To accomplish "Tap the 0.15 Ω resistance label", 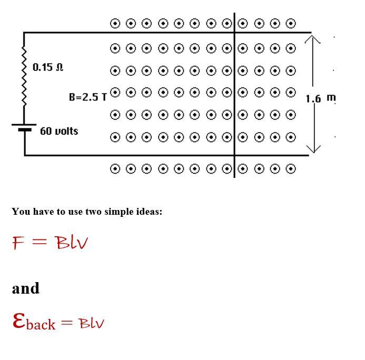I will click(48, 67).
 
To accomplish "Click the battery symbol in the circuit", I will click(24, 127).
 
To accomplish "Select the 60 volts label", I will click(59, 131).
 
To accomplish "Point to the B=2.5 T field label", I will click(87, 97).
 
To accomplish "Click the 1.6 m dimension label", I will click(320, 98).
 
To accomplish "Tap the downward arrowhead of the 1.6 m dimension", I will click(313, 148).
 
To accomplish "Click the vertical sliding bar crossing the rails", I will click(234, 95).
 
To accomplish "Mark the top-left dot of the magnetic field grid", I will click(115, 23).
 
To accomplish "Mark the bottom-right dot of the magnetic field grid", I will click(291, 168).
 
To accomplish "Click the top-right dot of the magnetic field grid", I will click(291, 23).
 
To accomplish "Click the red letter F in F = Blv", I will click(18, 243).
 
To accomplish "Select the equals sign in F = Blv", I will click(40, 243).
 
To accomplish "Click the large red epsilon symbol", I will click(18, 320).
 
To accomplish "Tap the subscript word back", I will click(41, 324).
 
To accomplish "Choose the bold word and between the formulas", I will click(26, 288).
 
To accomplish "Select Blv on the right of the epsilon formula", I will click(92, 323).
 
